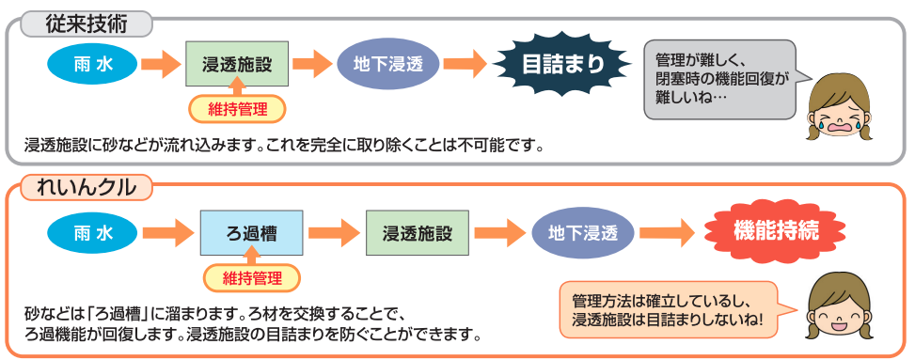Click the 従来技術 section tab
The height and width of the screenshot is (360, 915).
point(86,25)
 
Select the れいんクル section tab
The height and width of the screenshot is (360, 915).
point(86,187)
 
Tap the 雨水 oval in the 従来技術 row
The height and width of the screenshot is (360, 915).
point(92,64)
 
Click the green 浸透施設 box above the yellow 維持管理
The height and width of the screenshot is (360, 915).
point(237,64)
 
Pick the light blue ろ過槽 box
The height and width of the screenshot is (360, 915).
point(251,233)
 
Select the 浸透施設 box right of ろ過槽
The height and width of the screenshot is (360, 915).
point(418,233)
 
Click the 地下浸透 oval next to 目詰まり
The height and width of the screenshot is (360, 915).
point(388,64)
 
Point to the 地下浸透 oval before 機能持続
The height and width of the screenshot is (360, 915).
point(582,233)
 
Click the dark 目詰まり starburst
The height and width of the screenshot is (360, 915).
point(562,64)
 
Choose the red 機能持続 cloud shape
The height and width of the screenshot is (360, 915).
point(776,231)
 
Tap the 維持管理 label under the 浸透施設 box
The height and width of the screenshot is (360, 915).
point(237,109)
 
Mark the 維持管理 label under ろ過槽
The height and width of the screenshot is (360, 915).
point(251,277)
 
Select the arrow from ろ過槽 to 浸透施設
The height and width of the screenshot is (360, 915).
point(334,233)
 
